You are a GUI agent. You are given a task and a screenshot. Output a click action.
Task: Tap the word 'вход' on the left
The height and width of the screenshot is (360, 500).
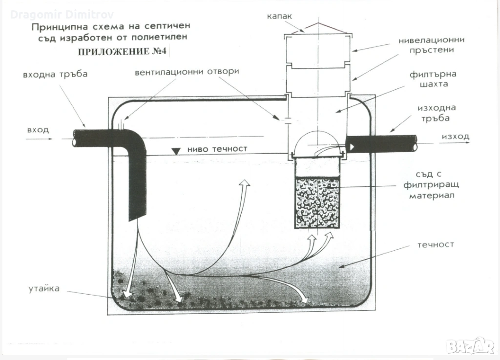38,130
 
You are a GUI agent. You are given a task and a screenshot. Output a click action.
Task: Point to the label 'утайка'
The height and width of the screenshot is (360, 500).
44,288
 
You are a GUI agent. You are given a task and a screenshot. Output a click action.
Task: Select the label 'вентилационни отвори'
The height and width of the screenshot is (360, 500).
187,72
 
